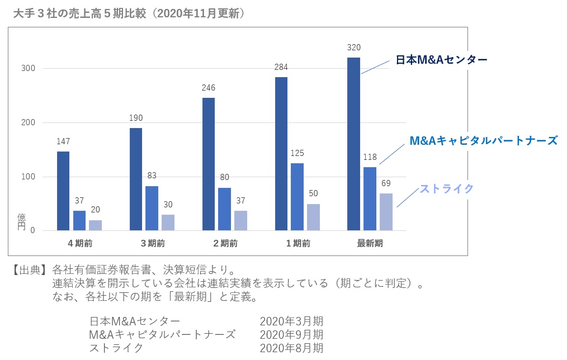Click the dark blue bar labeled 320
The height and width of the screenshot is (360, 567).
353,144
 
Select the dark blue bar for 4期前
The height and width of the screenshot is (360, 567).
63,191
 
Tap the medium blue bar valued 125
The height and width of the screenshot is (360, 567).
297,197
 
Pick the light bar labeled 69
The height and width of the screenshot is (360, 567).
386,212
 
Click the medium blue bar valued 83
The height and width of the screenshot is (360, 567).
152,208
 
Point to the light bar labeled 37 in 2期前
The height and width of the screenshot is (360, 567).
240,220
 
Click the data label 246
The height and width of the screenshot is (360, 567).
208,88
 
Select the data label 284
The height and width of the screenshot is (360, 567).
281,67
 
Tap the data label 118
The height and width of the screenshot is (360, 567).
370,157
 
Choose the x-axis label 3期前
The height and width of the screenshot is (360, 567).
152,243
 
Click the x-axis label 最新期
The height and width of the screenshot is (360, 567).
370,243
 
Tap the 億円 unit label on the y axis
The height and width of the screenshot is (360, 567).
22,221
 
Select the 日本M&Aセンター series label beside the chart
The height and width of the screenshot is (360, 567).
441,59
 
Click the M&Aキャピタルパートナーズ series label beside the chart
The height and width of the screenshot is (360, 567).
483,140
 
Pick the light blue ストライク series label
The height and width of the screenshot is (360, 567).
446,188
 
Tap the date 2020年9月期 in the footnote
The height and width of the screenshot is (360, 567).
291,335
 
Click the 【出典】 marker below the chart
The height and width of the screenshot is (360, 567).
29,269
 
